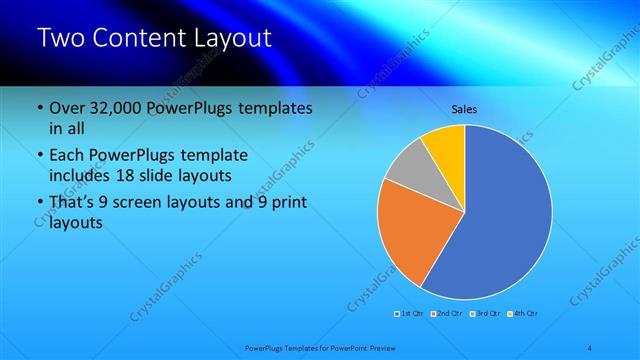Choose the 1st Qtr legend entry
409,314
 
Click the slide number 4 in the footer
589,347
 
